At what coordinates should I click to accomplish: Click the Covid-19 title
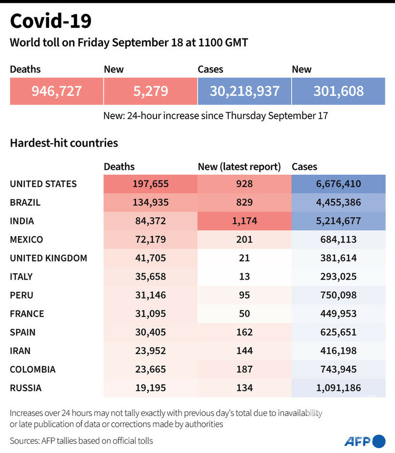coord(51,21)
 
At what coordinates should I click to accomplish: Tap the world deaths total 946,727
coord(57,91)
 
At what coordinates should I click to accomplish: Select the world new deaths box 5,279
coord(151,91)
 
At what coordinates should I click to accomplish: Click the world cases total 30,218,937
coord(244,91)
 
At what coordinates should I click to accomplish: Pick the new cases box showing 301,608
coord(338,91)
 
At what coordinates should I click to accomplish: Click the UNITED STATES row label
coord(43,184)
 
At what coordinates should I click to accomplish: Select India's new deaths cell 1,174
coord(244,221)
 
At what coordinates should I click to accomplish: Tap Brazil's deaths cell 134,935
coord(151,202)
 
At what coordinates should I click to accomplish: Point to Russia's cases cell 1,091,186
coord(338,388)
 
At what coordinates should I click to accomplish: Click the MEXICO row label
coord(26,239)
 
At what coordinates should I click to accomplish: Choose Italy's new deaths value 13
coord(244,277)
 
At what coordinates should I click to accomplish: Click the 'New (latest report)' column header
coord(239,167)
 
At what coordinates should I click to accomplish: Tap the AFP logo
coord(364,441)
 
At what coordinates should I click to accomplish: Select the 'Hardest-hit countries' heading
coord(64,143)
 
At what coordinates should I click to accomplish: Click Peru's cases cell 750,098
coord(338,295)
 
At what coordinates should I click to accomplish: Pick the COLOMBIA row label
coord(33,369)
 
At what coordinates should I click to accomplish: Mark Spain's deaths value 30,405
coord(151,332)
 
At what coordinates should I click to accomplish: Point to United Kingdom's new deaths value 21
coord(244,258)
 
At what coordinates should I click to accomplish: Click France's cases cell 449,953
coord(338,314)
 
